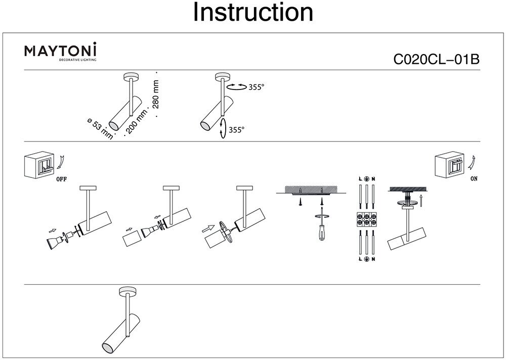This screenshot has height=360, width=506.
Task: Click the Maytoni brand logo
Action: tap(61, 51)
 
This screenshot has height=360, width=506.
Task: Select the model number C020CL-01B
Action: tap(436, 60)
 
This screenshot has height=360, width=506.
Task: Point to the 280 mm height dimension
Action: tap(155, 95)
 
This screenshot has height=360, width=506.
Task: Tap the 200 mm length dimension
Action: tap(133, 122)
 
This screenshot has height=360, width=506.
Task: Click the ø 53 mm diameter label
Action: tap(100, 127)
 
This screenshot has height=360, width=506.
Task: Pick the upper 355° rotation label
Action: tap(256, 87)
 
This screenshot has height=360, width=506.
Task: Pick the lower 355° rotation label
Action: tap(236, 130)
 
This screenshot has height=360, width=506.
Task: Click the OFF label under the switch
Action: tap(61, 179)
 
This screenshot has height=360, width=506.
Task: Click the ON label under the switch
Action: tap(474, 178)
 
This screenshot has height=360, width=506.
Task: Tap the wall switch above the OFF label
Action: tap(39, 165)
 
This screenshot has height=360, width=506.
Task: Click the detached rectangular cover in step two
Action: tap(132, 240)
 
